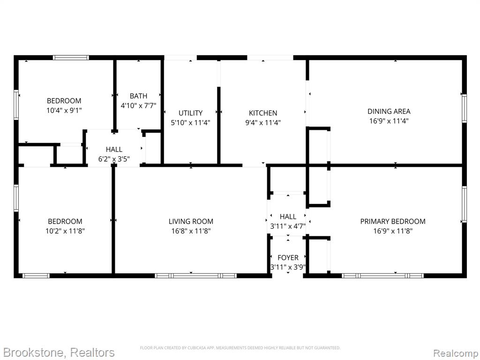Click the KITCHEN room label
263,113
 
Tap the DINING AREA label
389,112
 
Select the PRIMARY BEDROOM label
393,221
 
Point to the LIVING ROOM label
191,221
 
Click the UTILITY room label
190,113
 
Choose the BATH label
138,96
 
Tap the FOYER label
288,258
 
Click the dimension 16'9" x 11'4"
389,121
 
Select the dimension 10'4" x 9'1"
64,111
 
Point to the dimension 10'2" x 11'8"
65,231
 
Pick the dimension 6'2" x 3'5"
114,159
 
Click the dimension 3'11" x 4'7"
288,226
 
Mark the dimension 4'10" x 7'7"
138,105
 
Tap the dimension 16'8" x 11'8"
191,231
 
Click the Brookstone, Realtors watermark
59,352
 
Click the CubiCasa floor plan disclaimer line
240,348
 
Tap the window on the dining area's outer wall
465,108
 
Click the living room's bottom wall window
195,276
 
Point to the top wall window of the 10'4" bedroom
71,58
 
